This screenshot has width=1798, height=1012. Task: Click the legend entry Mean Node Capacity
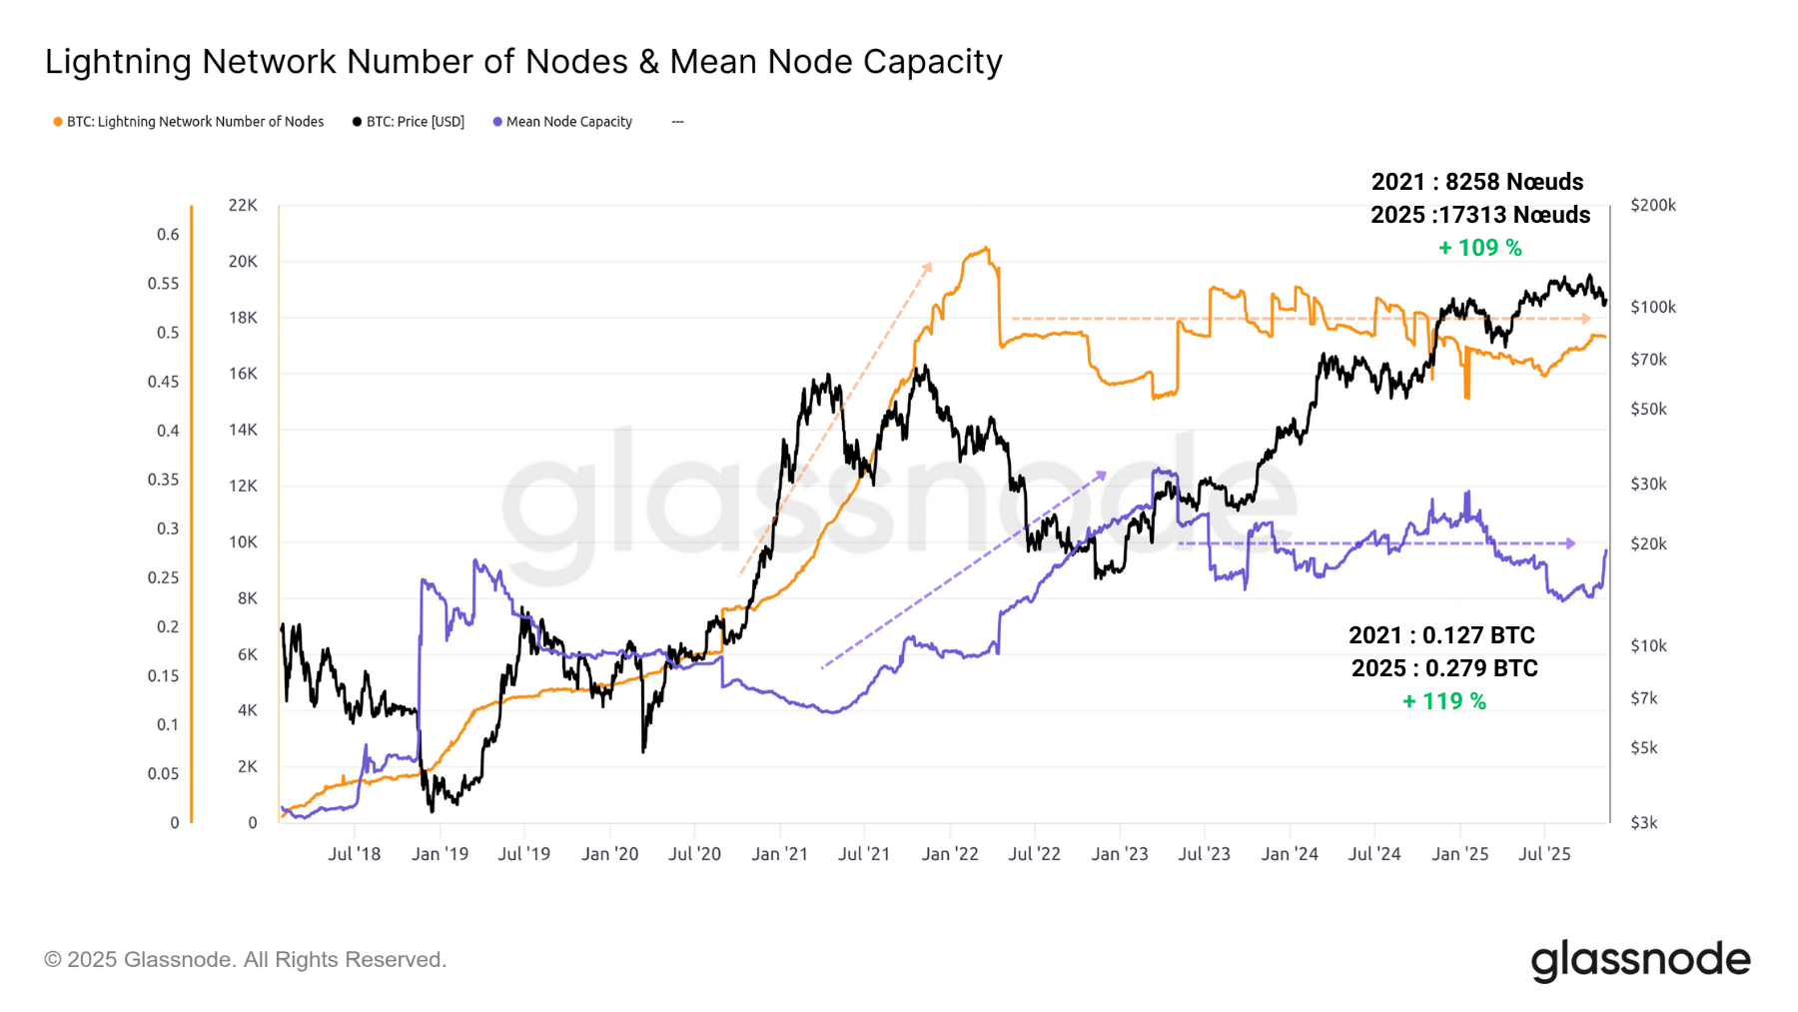pos(568,122)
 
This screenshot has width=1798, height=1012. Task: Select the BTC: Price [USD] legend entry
pos(415,122)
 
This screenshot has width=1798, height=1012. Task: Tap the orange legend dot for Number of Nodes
pos(58,122)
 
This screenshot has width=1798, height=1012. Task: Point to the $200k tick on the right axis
pos(1652,205)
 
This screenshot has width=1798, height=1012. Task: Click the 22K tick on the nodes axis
pos(243,205)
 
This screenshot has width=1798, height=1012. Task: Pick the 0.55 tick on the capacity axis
pos(163,284)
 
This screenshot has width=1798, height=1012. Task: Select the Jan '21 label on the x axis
pos(779,854)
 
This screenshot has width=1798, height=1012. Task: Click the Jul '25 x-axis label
pos(1544,854)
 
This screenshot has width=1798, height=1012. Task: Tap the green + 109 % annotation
pos(1479,248)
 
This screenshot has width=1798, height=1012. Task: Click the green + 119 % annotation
pos(1443,701)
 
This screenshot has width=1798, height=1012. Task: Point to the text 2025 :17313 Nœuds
pos(1479,215)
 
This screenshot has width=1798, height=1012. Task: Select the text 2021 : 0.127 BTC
pos(1441,635)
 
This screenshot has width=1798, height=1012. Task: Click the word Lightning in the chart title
pos(118,62)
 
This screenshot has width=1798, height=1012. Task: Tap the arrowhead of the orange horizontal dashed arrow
pos(1586,319)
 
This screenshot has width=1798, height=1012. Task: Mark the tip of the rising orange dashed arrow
pos(930,265)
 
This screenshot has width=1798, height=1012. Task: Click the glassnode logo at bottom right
pos(1640,960)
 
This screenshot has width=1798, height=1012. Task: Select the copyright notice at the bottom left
pos(245,960)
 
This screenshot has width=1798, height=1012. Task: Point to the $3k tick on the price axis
pos(1643,823)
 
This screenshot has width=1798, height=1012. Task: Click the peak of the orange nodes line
pos(986,248)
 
